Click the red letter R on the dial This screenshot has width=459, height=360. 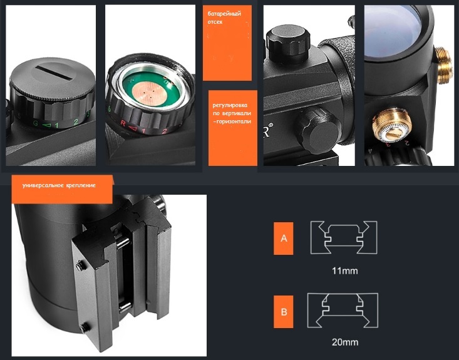(123, 123)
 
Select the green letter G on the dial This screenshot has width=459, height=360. (36, 123)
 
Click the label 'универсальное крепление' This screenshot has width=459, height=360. (59, 185)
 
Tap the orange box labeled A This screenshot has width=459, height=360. (284, 239)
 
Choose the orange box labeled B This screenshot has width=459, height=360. (284, 312)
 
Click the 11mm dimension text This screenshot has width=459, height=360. (344, 270)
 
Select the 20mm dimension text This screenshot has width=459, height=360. (345, 342)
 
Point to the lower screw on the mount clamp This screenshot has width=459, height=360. (85, 327)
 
